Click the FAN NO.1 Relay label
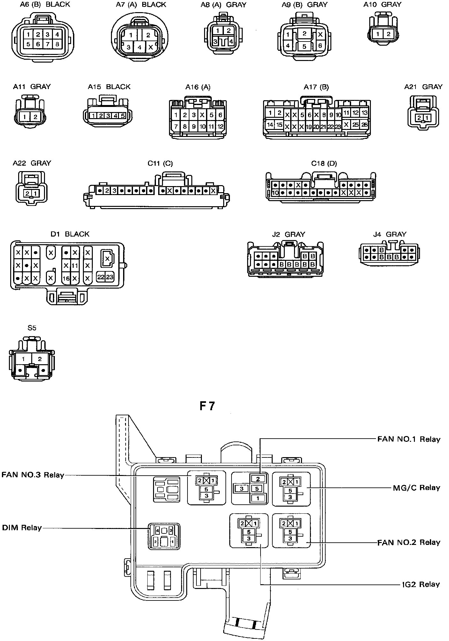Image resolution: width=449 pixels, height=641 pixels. [x=409, y=439]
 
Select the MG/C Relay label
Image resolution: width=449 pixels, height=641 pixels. [x=416, y=488]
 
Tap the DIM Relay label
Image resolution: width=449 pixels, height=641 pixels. [x=22, y=528]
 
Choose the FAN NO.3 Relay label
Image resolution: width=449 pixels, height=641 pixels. [x=33, y=475]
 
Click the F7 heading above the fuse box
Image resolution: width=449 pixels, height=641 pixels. [x=207, y=406]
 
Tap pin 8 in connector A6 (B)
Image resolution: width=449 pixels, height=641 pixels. [x=57, y=44]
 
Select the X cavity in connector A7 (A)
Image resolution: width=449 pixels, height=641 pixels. [x=151, y=47]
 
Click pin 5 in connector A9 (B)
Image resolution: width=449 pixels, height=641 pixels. [x=304, y=47]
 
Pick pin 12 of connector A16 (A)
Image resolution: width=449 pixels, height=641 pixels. [x=220, y=126]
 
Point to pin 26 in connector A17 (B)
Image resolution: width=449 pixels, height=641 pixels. [x=364, y=125]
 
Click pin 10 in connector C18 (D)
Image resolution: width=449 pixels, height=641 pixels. [x=275, y=193]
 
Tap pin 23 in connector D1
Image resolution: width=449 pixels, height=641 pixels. [x=110, y=277]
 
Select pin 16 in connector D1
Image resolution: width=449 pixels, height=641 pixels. [x=66, y=278]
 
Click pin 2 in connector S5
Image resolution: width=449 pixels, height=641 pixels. [x=40, y=359]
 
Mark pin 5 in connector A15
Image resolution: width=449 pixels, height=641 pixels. [x=122, y=116]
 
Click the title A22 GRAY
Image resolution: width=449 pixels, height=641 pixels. [x=32, y=163]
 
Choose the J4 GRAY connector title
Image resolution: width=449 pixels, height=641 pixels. [x=390, y=234]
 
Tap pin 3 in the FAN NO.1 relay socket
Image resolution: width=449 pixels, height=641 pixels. [x=242, y=488]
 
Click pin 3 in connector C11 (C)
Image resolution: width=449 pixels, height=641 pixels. [x=114, y=191]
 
